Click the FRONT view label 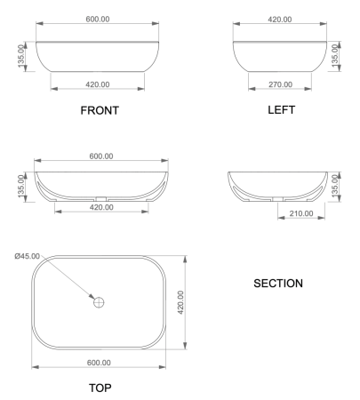pyautogui.click(x=99, y=111)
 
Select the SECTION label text pyautogui.click(x=278, y=284)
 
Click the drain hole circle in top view pyautogui.click(x=100, y=302)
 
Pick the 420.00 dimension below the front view pyautogui.click(x=98, y=84)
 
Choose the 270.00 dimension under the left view pyautogui.click(x=279, y=84)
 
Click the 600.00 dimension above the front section pyautogui.click(x=100, y=156)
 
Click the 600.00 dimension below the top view pyautogui.click(x=99, y=363)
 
